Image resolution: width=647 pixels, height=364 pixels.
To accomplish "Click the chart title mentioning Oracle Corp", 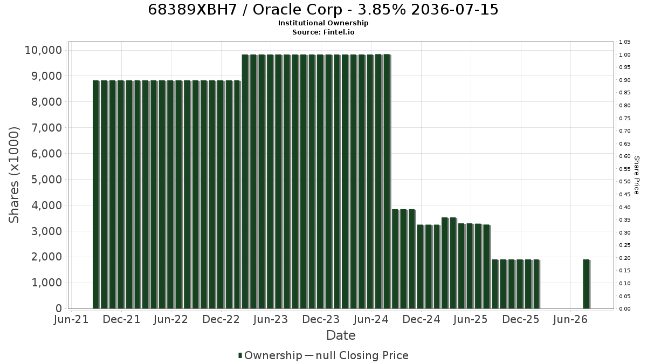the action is click(323, 10).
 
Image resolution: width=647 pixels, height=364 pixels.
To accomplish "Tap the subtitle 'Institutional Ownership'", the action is click(323, 23).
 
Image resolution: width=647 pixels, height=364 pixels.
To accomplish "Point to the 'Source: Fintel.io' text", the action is click(323, 32).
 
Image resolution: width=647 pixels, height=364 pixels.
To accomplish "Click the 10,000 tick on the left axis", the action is click(43, 50).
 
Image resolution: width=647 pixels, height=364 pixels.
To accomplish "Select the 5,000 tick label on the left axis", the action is click(46, 180).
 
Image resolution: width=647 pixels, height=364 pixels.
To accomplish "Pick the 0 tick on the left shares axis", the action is click(59, 308).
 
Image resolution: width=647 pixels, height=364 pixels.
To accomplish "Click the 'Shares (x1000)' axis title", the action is click(14, 175).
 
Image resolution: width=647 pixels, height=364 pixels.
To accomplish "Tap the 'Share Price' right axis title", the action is click(637, 175).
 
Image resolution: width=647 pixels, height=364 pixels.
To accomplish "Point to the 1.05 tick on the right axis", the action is click(624, 42).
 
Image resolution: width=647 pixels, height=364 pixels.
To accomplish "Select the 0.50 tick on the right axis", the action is click(624, 182).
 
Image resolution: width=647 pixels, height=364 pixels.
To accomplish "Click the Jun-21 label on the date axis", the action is click(71, 319).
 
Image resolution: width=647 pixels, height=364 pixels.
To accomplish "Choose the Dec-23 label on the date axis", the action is click(321, 319).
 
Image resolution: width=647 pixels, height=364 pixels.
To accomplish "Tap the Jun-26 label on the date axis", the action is click(570, 319).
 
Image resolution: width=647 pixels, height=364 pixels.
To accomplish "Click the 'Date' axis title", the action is click(341, 335).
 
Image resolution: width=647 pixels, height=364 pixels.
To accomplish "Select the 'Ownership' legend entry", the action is click(270, 355).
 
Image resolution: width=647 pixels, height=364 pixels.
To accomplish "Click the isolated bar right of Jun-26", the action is click(587, 284).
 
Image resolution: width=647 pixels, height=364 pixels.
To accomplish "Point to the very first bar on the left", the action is click(96, 195).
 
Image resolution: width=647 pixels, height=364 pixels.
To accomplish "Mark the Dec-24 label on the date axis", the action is click(421, 319).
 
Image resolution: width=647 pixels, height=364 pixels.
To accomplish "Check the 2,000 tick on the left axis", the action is click(46, 257).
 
